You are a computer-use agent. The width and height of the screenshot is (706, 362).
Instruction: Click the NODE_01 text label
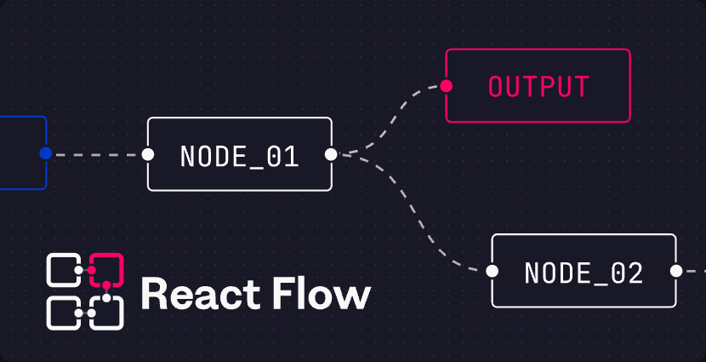[240, 158]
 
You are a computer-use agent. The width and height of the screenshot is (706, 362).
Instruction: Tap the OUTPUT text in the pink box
[539, 86]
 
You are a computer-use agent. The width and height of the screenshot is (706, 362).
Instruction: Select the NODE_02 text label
[584, 273]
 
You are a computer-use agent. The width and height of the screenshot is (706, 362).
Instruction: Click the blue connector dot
[45, 153]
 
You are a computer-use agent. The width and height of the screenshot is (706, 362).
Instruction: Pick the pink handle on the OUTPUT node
[447, 86]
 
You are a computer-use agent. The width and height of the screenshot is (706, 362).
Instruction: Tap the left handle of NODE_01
[148, 154]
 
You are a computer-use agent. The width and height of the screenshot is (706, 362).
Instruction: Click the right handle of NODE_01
[331, 154]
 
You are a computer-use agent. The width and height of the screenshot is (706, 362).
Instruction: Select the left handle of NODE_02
[492, 271]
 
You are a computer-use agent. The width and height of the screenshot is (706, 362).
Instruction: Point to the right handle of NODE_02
[676, 271]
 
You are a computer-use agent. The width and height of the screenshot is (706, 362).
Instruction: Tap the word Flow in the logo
[323, 293]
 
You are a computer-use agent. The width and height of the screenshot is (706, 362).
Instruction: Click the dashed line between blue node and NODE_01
[97, 155]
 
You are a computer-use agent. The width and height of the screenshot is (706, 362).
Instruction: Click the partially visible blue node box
[47, 135]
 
